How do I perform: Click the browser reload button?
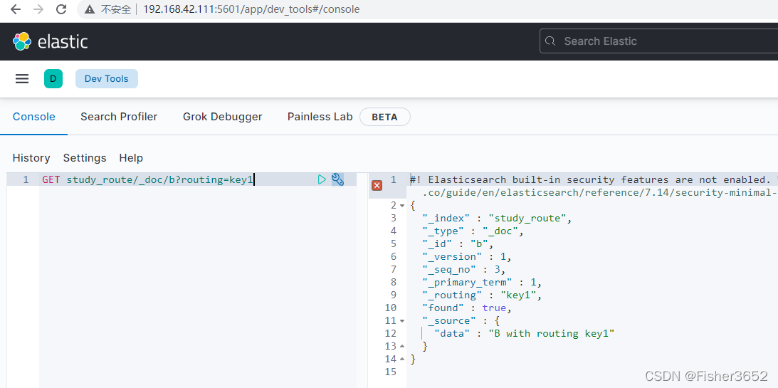61,9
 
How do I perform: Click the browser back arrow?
16,9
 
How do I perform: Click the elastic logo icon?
22,42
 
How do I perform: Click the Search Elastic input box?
658,41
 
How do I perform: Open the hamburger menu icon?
22,78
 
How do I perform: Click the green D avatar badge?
53,78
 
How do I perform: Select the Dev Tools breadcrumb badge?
106,78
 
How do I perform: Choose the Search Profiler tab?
119,117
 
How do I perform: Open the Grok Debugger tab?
222,117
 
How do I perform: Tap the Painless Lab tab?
320,117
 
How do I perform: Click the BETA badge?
384,117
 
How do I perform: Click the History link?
31,158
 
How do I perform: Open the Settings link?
85,158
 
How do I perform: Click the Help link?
131,158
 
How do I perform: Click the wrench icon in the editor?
337,179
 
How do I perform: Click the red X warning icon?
377,186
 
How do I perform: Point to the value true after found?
494,308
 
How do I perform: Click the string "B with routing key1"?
551,333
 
